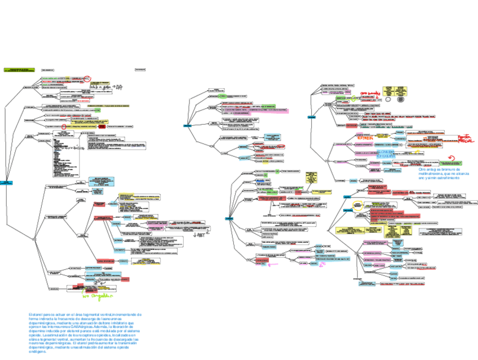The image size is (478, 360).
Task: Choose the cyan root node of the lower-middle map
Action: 230,218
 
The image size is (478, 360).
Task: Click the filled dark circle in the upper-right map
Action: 401,99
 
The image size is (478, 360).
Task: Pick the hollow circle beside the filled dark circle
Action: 388,99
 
